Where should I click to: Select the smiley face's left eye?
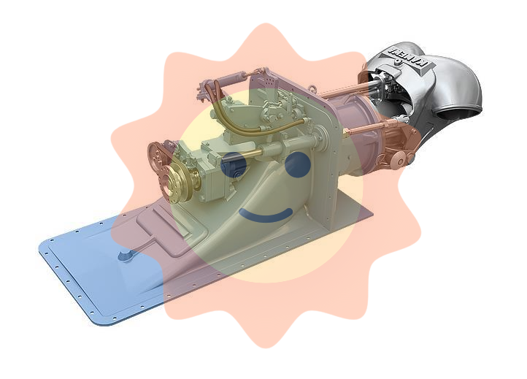point(233,168)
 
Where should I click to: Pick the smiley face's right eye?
point(296,166)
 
